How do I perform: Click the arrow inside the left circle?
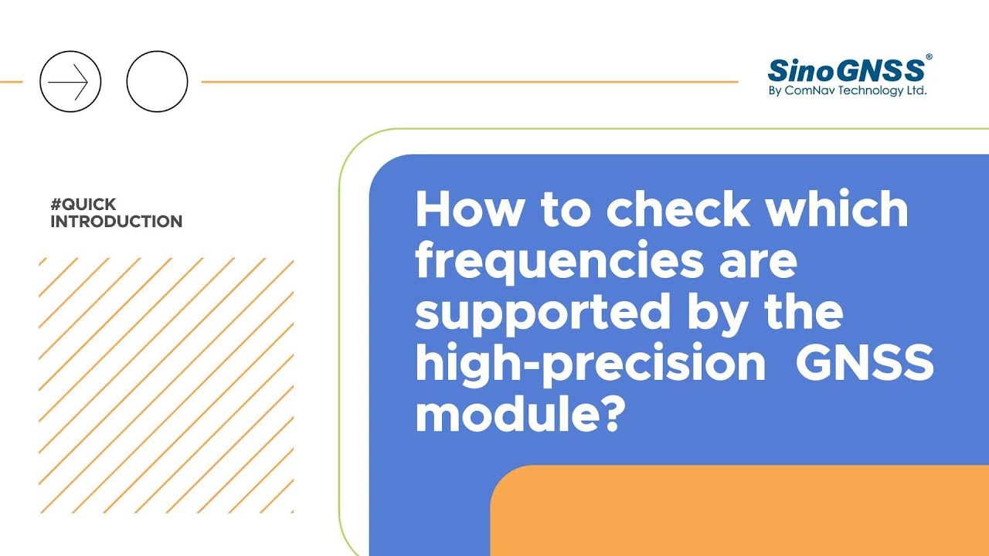coord(68,82)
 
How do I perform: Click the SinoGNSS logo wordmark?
coord(846,70)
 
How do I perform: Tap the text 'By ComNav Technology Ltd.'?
coord(848,91)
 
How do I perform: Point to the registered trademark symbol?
coord(929,57)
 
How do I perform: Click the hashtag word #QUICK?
coord(83,205)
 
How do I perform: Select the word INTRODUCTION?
coord(117,222)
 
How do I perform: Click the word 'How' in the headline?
coord(469,208)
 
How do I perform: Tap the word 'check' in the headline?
coord(678,208)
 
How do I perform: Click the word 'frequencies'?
coord(559,262)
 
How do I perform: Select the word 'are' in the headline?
coord(759,266)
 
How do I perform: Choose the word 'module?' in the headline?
coord(521,413)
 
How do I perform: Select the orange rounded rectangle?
coord(739,510)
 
